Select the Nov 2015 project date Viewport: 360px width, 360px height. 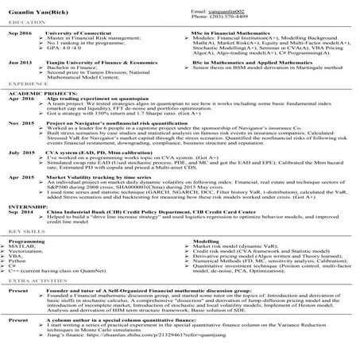click(21, 124)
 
